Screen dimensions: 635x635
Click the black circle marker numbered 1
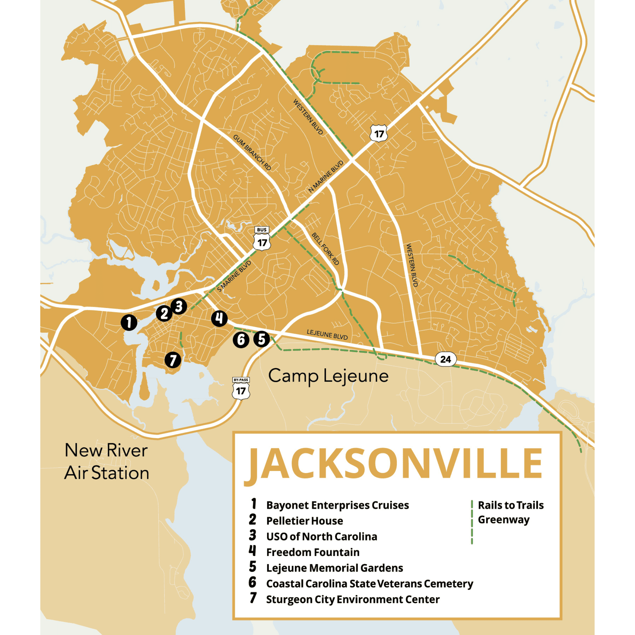[x=129, y=323]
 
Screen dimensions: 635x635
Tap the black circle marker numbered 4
[x=219, y=318]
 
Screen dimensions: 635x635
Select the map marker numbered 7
[x=173, y=360]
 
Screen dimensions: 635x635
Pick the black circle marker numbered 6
[x=241, y=340]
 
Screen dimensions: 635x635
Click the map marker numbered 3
[x=179, y=306]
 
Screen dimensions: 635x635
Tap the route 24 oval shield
[x=445, y=359]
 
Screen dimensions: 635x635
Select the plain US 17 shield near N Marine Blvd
[x=379, y=133]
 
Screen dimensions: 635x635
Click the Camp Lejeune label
[x=328, y=376]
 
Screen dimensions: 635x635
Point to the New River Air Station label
[x=106, y=461]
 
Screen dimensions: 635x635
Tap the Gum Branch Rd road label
[x=252, y=152]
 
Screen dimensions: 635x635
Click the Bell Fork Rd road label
[x=325, y=249]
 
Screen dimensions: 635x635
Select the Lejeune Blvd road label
[x=327, y=335]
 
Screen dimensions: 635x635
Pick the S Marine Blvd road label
[x=234, y=277]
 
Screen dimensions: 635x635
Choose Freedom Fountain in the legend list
[x=312, y=552]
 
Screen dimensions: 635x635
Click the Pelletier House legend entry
[x=304, y=521]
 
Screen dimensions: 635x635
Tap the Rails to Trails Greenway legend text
[x=510, y=512]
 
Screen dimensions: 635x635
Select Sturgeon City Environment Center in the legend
[x=353, y=599]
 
